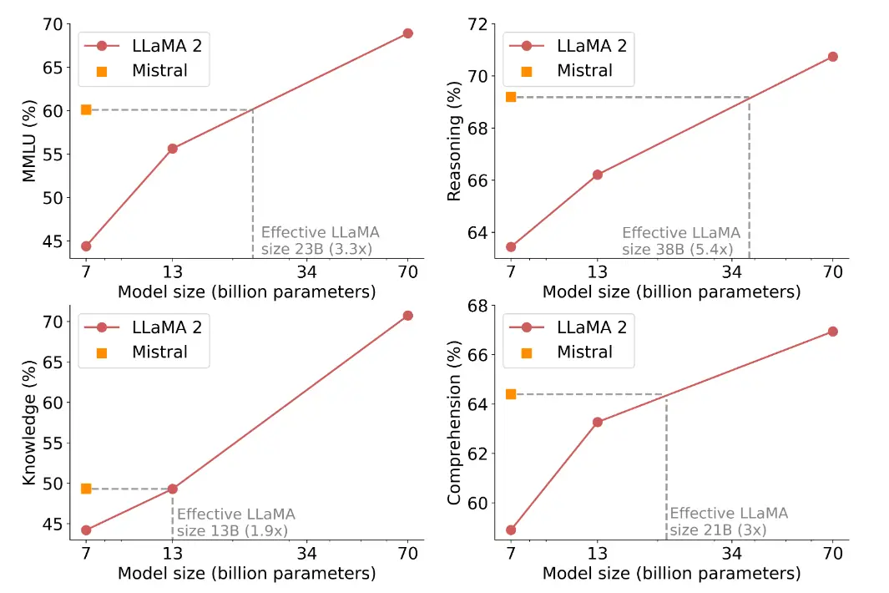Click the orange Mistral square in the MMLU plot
pyautogui.click(x=86, y=109)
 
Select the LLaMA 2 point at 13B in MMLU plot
pyautogui.click(x=173, y=149)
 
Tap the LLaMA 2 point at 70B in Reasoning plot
pyautogui.click(x=832, y=57)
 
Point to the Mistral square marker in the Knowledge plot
pyautogui.click(x=86, y=489)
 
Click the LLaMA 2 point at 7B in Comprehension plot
pyautogui.click(x=511, y=530)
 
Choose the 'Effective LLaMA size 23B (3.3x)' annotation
pyautogui.click(x=320, y=241)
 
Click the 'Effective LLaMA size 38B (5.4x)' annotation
pyautogui.click(x=680, y=241)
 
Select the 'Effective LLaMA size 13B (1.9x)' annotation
pyautogui.click(x=235, y=522)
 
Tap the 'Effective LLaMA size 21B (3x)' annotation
pyautogui.click(x=728, y=522)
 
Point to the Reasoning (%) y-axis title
pyautogui.click(x=455, y=140)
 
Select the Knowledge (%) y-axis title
pyautogui.click(x=29, y=422)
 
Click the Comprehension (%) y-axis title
pyautogui.click(x=455, y=422)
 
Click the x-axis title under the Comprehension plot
pyautogui.click(x=671, y=574)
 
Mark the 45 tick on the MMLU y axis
pyautogui.click(x=53, y=241)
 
